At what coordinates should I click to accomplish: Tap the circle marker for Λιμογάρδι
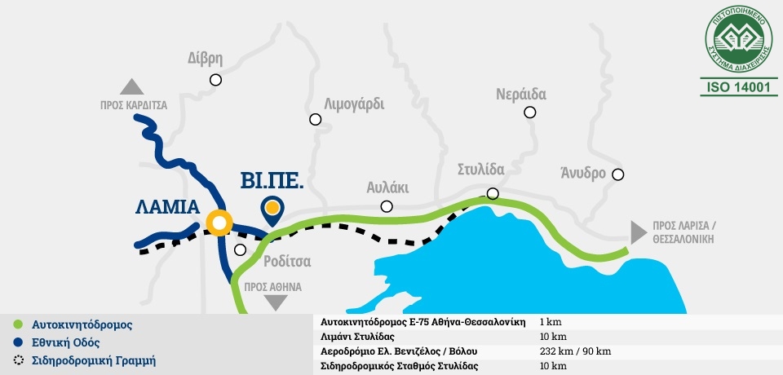(316, 120)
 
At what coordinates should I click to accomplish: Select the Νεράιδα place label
(521, 92)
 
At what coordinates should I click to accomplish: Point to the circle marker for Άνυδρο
(618, 174)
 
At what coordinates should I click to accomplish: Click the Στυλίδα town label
(480, 170)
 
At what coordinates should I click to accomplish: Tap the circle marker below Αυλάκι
(387, 207)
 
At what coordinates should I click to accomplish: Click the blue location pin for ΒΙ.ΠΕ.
(273, 210)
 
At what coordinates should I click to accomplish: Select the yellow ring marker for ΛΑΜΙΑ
(219, 222)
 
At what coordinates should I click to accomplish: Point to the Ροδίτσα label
(288, 261)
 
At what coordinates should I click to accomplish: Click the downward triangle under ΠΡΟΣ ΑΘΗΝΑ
(277, 302)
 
